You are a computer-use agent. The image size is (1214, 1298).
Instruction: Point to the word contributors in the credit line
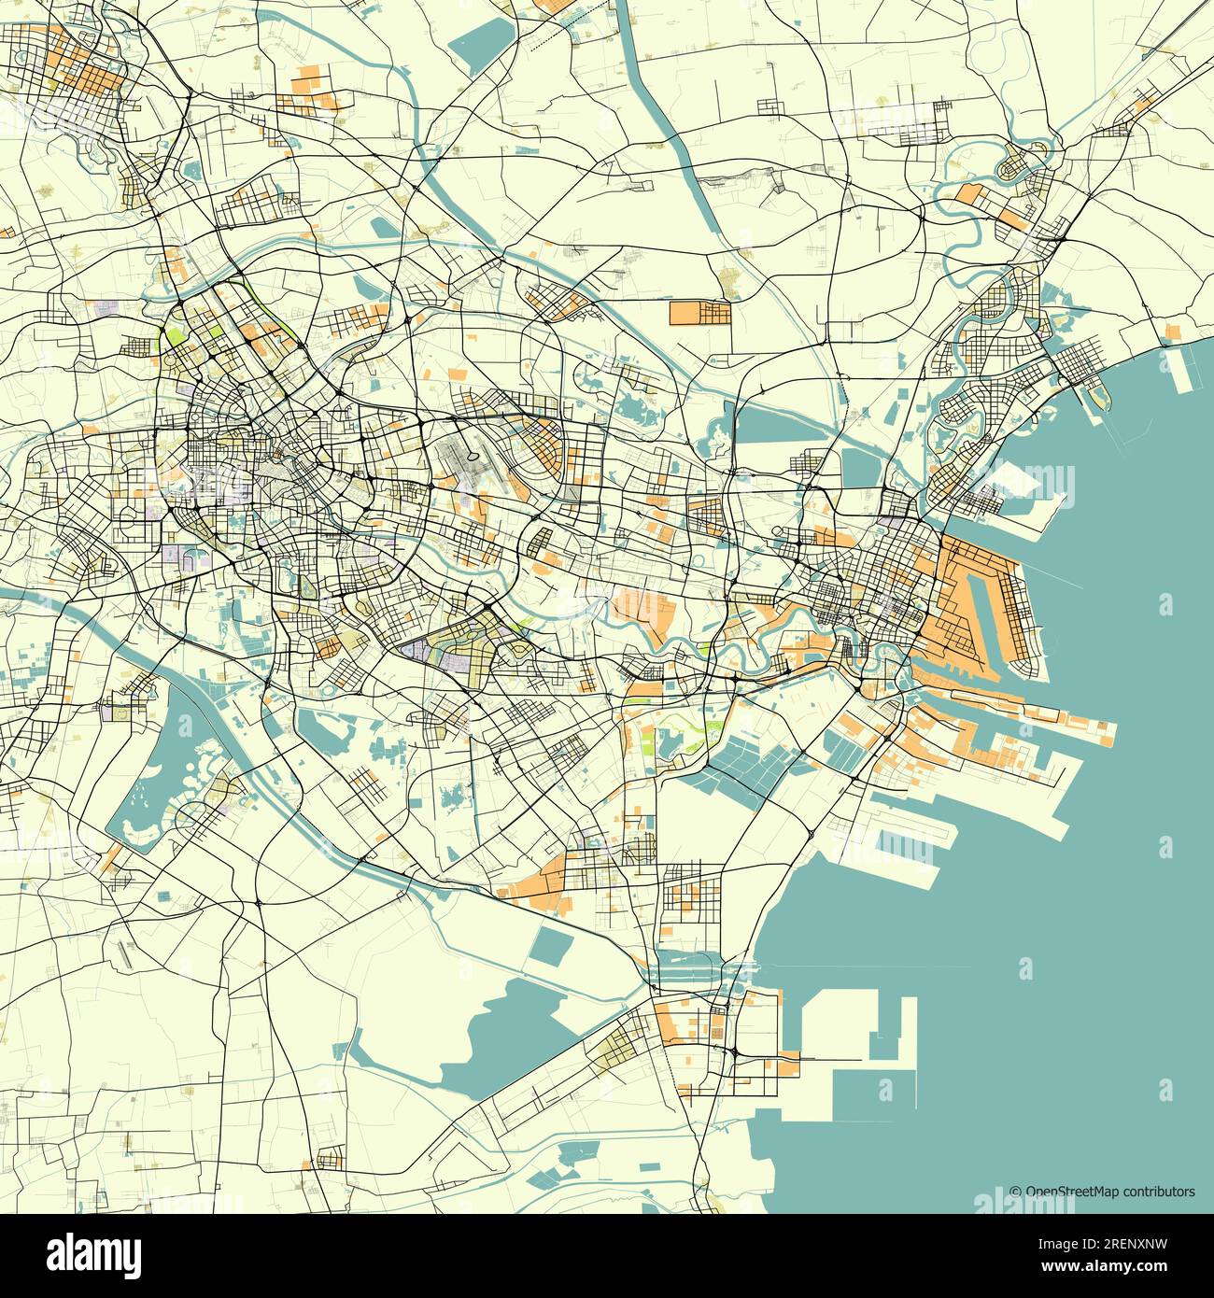tap(1158, 1192)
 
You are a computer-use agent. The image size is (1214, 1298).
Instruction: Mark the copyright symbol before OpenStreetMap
tap(1015, 1192)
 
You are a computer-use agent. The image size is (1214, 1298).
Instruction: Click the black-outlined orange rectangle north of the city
tap(699, 312)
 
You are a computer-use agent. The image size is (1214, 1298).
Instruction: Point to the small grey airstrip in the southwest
tap(125, 953)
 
